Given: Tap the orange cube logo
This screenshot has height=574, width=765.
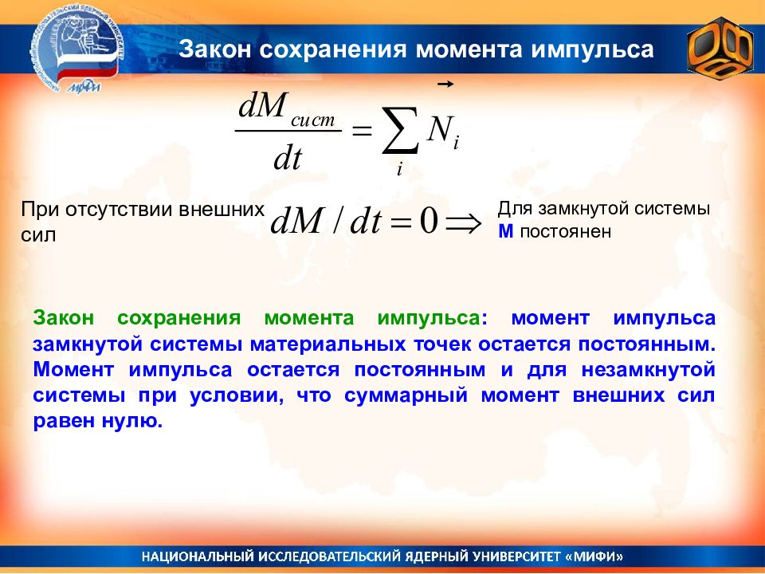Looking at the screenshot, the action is click(x=720, y=49).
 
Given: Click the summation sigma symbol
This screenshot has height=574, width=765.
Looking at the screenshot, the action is click(x=400, y=130).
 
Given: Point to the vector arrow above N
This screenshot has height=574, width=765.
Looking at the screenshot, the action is click(x=445, y=85).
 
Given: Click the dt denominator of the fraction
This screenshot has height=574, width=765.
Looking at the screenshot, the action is click(x=288, y=158).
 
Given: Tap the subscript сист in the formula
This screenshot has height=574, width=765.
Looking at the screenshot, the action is click(x=313, y=120).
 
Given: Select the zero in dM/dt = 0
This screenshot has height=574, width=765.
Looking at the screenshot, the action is click(x=429, y=221).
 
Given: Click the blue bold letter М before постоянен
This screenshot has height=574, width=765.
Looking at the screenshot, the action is click(x=506, y=231).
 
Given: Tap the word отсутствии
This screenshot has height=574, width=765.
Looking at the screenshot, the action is click(x=119, y=210).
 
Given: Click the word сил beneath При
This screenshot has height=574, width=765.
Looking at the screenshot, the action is click(x=38, y=235).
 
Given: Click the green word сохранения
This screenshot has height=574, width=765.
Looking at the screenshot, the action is click(x=179, y=318).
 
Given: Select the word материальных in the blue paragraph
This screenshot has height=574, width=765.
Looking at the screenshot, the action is click(x=328, y=344).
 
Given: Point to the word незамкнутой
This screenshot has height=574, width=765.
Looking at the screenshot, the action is click(x=649, y=369).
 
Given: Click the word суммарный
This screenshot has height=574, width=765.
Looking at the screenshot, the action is click(x=406, y=395).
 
